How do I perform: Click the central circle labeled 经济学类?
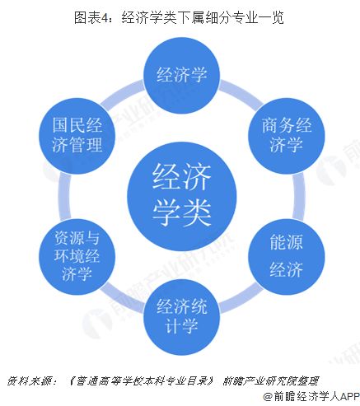click(x=182, y=196)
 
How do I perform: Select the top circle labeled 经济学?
click(x=182, y=76)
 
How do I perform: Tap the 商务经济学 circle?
click(x=287, y=136)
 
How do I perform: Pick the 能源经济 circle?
click(x=287, y=257)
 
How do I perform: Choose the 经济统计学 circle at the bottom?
click(x=182, y=317)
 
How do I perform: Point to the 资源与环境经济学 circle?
click(x=77, y=257)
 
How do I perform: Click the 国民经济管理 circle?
click(x=77, y=136)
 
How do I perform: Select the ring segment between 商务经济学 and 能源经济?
click(x=299, y=196)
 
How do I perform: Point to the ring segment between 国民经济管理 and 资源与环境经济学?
click(x=65, y=196)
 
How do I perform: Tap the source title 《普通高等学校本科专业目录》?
click(x=141, y=380)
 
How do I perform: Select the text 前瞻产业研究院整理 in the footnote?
click(x=270, y=380)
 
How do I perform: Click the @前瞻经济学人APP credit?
click(x=311, y=397)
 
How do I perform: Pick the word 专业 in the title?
click(x=245, y=17)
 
